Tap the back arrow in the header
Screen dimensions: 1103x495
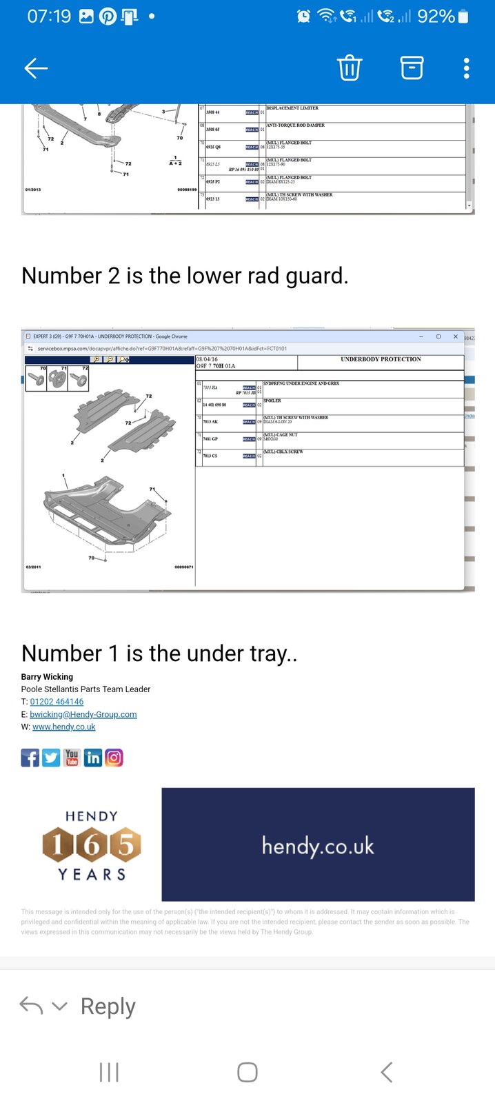pos(36,68)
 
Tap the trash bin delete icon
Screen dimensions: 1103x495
pos(349,68)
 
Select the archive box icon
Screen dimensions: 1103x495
pos(412,68)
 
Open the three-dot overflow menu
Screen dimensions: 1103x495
pos(467,68)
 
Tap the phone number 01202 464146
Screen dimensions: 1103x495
pos(57,702)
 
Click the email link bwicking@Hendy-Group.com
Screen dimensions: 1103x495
pos(83,714)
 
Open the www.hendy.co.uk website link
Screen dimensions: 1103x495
pos(63,727)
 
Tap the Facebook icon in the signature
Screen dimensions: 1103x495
pos(30,758)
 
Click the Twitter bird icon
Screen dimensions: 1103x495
pos(51,758)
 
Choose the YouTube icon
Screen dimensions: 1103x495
pos(72,758)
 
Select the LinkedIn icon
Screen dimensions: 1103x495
pos(92,758)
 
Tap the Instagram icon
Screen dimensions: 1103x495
pos(114,758)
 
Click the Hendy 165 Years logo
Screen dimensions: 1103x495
pos(92,845)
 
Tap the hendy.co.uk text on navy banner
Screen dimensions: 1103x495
pos(318,845)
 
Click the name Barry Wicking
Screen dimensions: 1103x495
pos(47,677)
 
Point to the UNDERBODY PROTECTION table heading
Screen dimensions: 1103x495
pos(381,359)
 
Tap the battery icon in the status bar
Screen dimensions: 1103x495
pos(463,16)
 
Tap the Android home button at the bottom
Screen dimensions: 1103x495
pos(247,1072)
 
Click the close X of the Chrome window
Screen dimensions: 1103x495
pos(455,336)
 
